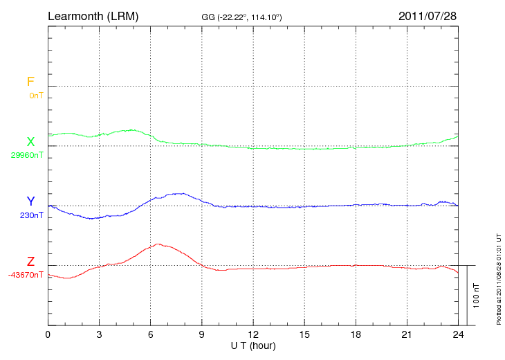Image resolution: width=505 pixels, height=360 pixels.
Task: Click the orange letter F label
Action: [30, 82]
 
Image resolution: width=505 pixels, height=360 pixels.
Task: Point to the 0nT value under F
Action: [36, 96]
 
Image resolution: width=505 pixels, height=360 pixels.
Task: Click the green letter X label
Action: [30, 142]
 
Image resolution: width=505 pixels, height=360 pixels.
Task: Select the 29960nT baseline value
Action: [27, 155]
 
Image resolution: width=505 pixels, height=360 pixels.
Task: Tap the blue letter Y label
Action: [30, 201]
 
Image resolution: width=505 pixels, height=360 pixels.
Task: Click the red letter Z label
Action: [30, 262]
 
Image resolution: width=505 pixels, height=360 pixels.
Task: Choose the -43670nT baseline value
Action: [26, 275]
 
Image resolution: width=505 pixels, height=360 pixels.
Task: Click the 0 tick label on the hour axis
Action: [48, 334]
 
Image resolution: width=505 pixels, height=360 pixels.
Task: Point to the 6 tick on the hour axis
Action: [151, 334]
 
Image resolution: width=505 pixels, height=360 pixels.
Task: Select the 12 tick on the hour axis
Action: [253, 334]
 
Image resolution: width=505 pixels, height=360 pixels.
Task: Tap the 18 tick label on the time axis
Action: [356, 334]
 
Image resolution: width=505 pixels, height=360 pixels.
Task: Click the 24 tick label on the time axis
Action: [457, 334]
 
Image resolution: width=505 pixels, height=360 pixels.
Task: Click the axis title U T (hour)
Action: [253, 345]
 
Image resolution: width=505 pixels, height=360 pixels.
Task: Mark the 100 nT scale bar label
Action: [477, 295]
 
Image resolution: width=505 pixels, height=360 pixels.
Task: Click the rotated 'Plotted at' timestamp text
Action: [499, 276]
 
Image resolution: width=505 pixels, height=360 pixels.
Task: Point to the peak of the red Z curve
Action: [158, 244]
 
